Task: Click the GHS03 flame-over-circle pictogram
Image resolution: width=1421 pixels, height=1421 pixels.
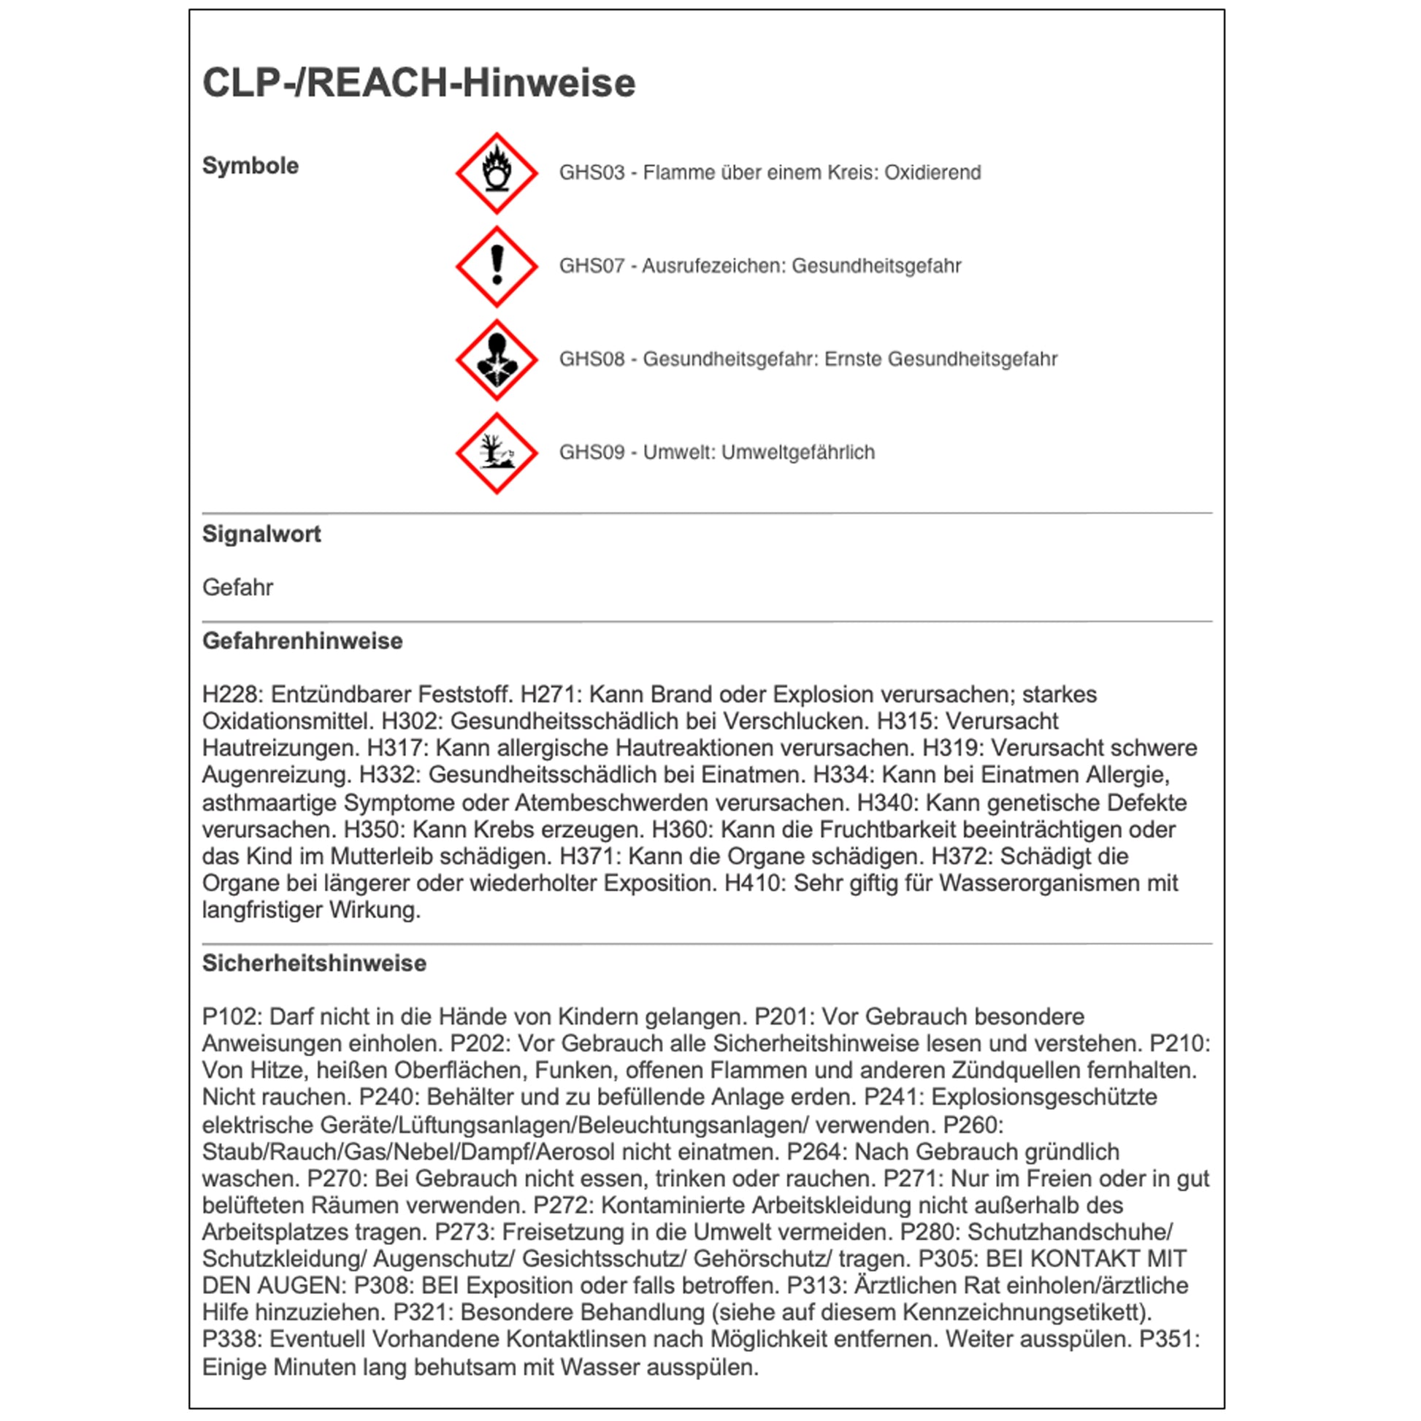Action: point(497,174)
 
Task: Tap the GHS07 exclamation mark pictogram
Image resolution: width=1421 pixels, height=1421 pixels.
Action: point(497,267)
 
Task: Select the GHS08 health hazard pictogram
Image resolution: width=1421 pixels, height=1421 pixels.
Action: point(497,360)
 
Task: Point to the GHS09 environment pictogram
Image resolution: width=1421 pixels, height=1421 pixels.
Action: point(497,453)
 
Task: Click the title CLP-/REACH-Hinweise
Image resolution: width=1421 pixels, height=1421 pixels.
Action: point(418,83)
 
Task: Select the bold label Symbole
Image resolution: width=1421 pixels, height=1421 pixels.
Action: point(250,166)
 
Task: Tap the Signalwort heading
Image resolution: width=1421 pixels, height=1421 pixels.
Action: point(261,534)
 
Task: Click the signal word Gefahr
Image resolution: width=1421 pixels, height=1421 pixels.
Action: point(237,588)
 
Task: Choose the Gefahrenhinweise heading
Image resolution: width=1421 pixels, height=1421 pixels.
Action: point(302,641)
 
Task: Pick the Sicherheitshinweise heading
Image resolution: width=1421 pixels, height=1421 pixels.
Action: point(314,963)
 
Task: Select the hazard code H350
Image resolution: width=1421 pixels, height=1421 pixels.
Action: point(372,830)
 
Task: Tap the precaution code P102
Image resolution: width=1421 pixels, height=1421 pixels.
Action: point(231,1016)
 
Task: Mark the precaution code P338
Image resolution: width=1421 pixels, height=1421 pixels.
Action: point(231,1338)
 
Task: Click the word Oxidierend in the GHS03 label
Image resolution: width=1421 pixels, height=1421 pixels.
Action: point(932,173)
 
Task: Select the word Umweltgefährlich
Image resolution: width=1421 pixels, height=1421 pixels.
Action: point(797,452)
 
